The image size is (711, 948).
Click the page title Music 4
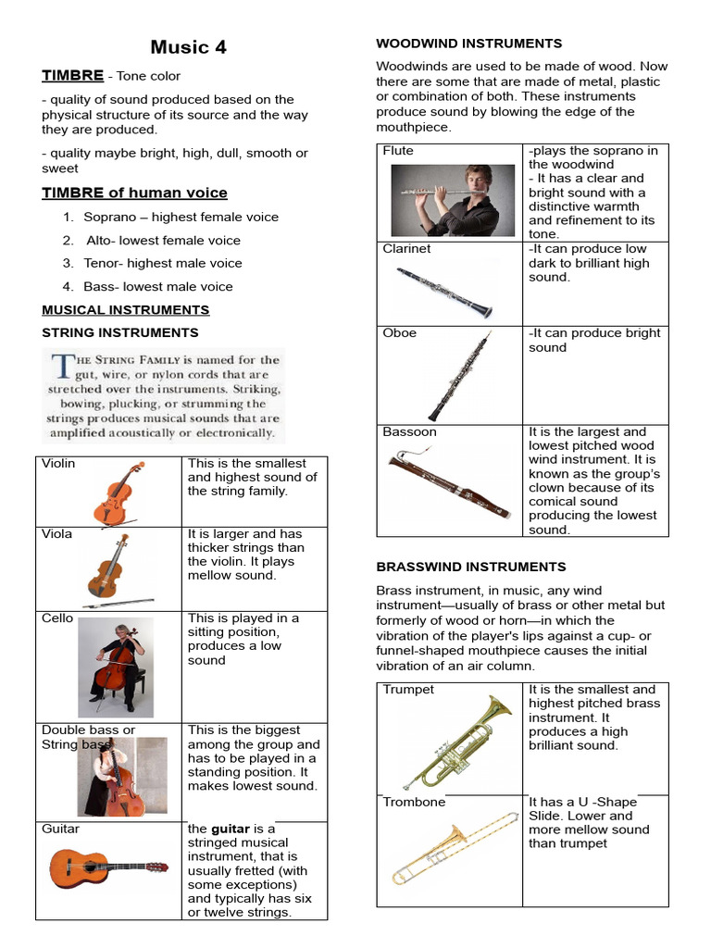click(x=188, y=47)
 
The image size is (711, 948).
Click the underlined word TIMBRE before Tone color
click(x=72, y=76)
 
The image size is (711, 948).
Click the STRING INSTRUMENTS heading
click(x=120, y=332)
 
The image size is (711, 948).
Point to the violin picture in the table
click(x=118, y=493)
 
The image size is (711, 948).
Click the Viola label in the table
click(x=57, y=534)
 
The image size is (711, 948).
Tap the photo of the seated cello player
click(x=116, y=667)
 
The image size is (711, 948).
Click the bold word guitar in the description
click(x=231, y=829)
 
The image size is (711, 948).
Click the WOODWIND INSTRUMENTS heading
click(x=468, y=44)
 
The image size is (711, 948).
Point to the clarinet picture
click(x=444, y=293)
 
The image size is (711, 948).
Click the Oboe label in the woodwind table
click(x=400, y=333)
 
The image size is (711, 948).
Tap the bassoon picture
click(x=448, y=486)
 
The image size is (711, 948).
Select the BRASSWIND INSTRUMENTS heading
click(x=470, y=567)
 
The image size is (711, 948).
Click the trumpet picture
click(x=457, y=742)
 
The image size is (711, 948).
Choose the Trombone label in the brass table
click(x=414, y=803)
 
